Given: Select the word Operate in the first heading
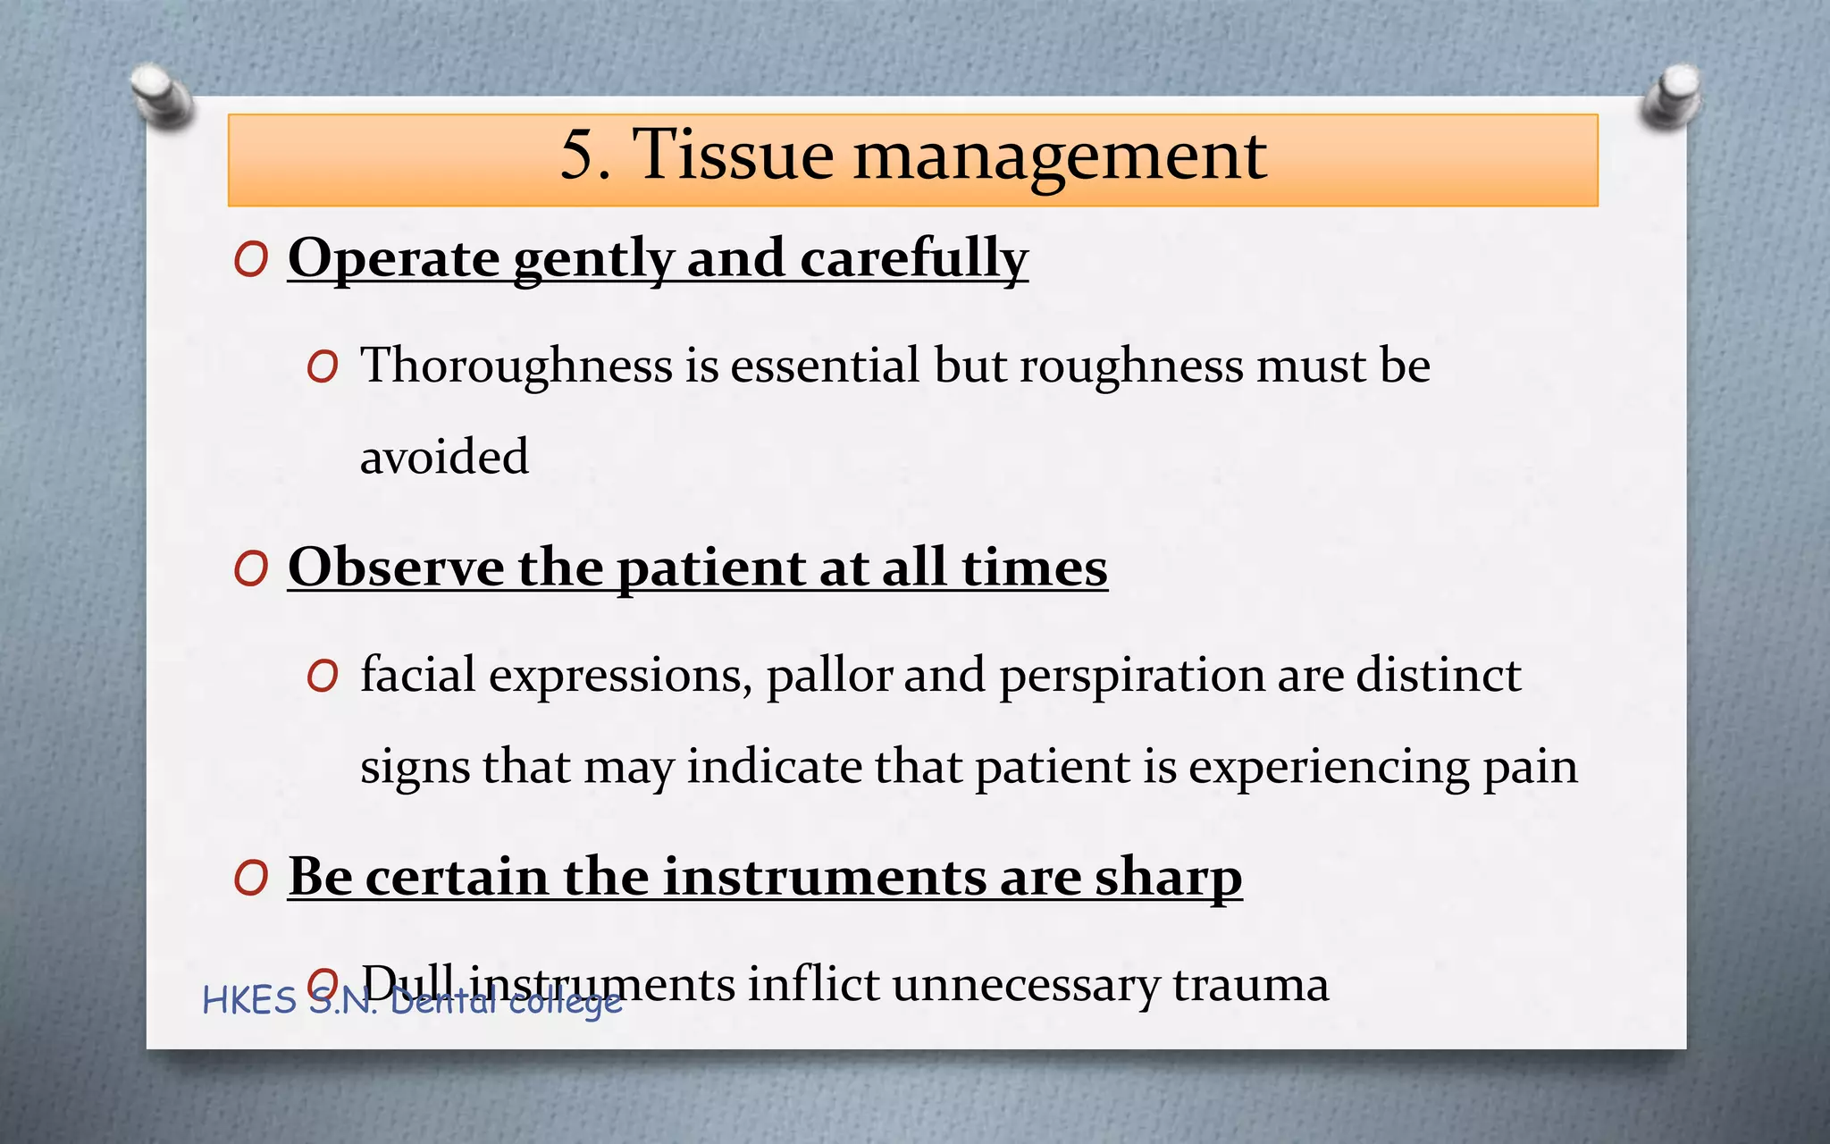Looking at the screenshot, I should [x=393, y=259].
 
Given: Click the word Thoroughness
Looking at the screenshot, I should [x=516, y=366].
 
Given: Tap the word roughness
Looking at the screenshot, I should [x=1131, y=366].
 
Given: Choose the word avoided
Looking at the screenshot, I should [x=444, y=458].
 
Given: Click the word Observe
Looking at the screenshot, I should [x=395, y=568].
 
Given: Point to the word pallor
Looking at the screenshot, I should [x=829, y=676].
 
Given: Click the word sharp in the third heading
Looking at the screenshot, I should [x=1169, y=878].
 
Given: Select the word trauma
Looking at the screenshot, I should [x=1250, y=985].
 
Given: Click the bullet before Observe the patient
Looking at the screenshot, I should [x=251, y=568].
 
